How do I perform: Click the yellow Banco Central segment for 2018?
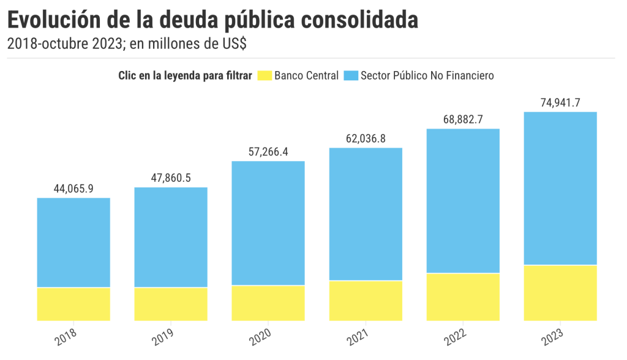coord(73,304)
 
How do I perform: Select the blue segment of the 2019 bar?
coord(171,237)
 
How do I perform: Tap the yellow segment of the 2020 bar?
coord(268,302)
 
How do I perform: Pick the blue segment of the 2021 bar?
coord(366,214)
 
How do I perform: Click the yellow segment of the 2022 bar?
coord(463,297)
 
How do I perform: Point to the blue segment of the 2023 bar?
coord(560,188)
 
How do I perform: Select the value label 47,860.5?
coord(171,178)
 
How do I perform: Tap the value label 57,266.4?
coord(268,152)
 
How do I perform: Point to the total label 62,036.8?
coord(366,139)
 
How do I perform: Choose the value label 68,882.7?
coord(463,120)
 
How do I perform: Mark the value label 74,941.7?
coord(560,103)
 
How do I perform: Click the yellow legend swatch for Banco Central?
coord(264,76)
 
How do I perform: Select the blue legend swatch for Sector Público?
coord(351,76)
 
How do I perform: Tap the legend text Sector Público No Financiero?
coord(427,76)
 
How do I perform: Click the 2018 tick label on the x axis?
coord(66,337)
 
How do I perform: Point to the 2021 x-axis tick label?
coord(358,337)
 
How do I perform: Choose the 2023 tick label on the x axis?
coord(552,337)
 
